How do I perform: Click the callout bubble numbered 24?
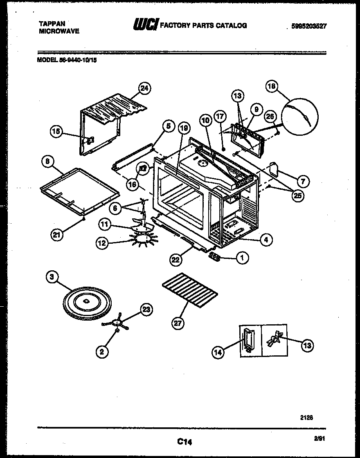[x=144, y=88]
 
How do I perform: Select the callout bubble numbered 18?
[x=272, y=86]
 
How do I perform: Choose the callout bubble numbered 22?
[x=176, y=258]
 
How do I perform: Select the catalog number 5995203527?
[x=309, y=26]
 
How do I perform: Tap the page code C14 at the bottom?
[x=184, y=442]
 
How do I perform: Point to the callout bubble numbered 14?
[x=219, y=352]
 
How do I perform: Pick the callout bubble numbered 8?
[x=48, y=162]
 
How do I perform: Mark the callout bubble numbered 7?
[x=304, y=181]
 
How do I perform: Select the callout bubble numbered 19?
[x=184, y=128]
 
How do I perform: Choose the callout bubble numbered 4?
[x=266, y=240]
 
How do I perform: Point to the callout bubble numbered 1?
[x=243, y=258]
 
